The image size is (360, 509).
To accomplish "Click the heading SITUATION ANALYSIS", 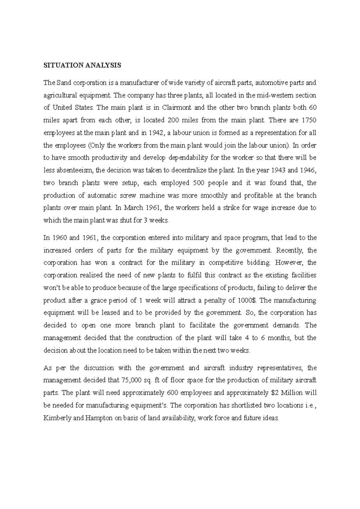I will tap(82, 66).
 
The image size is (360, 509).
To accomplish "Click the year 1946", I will tap(308, 171).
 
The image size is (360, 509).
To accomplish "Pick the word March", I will tap(133, 208).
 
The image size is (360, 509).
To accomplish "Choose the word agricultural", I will tap(60, 96).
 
